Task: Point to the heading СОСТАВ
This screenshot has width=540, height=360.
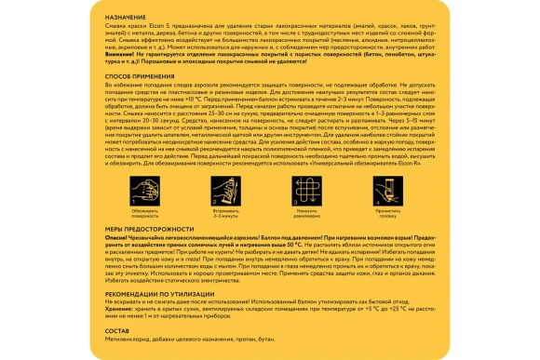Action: (x=116, y=328)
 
